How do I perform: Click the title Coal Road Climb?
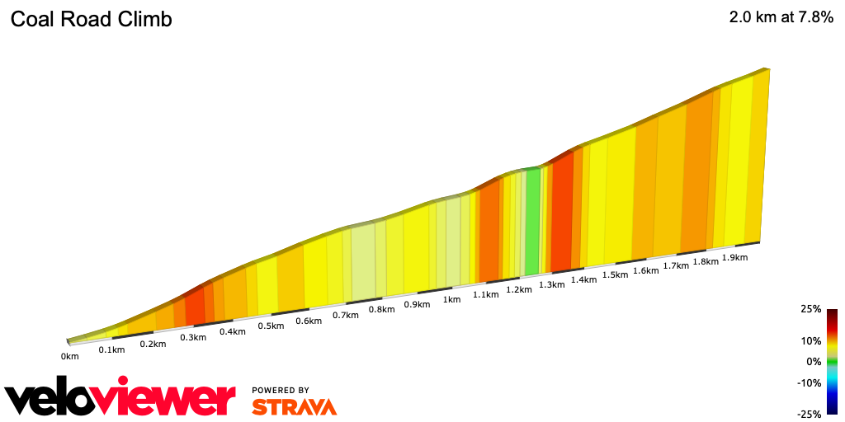point(91,20)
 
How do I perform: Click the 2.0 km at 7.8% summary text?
point(781,17)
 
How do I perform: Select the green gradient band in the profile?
point(532,221)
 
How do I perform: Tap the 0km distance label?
point(69,356)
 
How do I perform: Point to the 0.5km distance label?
point(271,326)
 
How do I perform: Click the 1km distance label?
point(451,299)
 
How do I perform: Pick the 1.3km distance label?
point(551,284)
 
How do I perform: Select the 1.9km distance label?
point(734,257)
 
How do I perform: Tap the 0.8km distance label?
point(381,309)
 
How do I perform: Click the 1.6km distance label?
point(646,270)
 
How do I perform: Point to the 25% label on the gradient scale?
point(811,309)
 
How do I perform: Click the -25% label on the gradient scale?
point(810,415)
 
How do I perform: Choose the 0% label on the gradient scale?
point(814,361)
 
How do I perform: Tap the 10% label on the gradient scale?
point(811,340)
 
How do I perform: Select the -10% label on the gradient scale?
point(810,382)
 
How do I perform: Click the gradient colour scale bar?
point(833,361)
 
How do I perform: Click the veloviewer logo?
point(120,398)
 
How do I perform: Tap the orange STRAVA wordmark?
point(294,406)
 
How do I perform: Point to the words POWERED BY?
point(281,390)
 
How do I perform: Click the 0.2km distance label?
point(153,344)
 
